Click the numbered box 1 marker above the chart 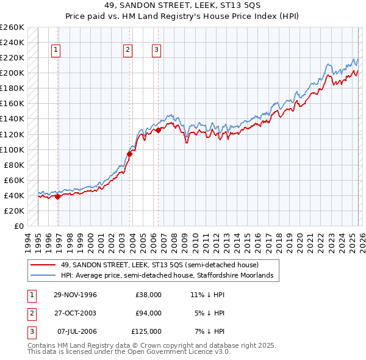click(56, 51)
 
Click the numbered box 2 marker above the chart click(127, 51)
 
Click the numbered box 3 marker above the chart click(156, 51)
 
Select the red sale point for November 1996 click(58, 196)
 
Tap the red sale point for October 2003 click(130, 154)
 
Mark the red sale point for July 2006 click(158, 130)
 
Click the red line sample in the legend click(43, 265)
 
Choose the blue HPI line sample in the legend click(43, 276)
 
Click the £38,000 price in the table click(148, 295)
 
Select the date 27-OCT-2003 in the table click(75, 313)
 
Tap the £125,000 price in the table click(146, 331)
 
